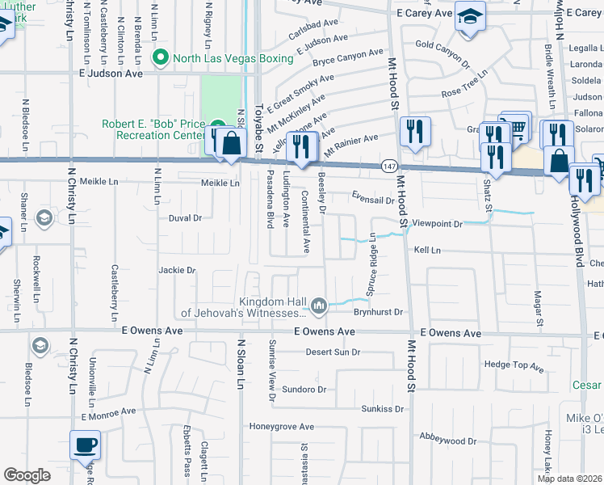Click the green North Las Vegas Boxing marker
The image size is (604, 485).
pos(160,57)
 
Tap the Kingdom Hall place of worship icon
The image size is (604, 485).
pos(319,306)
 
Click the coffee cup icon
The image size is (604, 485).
pos(85,444)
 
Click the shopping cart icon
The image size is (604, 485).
pos(517,125)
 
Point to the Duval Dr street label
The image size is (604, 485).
pos(184,218)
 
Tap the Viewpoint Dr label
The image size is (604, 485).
pos(436,223)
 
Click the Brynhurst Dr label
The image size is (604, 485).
pos(378,311)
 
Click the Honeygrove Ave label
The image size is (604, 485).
pos(281,426)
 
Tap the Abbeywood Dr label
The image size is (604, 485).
pos(448,441)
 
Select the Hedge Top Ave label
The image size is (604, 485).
pos(514,365)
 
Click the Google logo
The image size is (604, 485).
pos(27,475)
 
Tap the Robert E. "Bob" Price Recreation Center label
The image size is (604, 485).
pos(153,130)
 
